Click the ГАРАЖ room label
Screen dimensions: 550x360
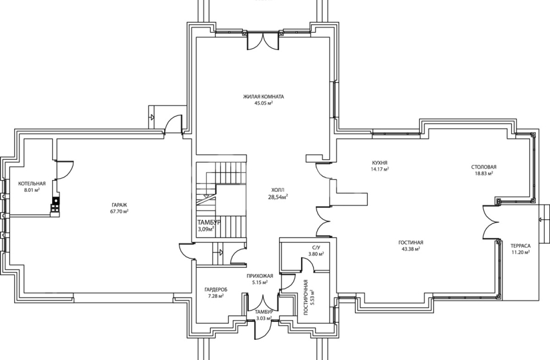click(x=119, y=205)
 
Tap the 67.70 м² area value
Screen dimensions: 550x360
click(x=119, y=211)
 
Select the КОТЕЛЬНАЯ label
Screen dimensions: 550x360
click(x=32, y=184)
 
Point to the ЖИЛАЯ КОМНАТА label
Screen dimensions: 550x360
click(x=264, y=96)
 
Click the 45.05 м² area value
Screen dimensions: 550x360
click(x=264, y=103)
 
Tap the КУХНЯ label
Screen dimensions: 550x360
click(x=380, y=163)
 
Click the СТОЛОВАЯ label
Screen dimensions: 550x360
click(x=483, y=167)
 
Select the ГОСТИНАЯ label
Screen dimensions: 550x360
click(x=411, y=242)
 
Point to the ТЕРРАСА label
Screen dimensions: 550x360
click(x=520, y=246)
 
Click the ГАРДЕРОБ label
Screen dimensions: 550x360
click(x=216, y=289)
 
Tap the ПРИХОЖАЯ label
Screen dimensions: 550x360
click(x=260, y=276)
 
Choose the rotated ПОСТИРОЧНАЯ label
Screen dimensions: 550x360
click(x=306, y=297)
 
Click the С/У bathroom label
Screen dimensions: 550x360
click(x=316, y=248)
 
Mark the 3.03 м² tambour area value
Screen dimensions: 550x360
click(x=264, y=318)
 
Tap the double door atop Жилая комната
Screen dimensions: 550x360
click(x=264, y=41)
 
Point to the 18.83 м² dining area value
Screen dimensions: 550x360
click(x=483, y=173)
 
